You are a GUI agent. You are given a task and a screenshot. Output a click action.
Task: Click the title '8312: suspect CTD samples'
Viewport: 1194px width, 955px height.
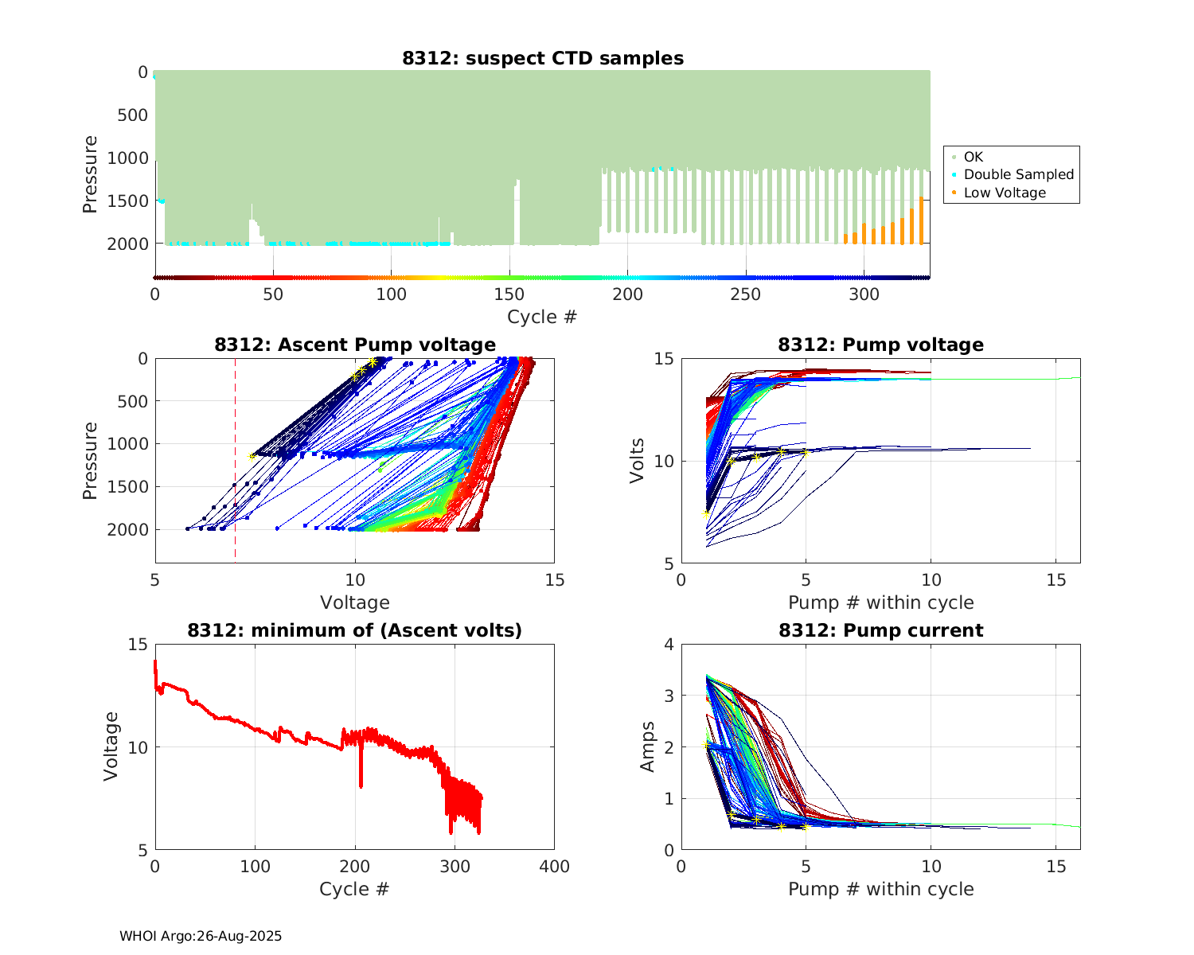[542, 58]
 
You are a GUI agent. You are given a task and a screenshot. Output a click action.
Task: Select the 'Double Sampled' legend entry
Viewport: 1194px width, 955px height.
[1018, 174]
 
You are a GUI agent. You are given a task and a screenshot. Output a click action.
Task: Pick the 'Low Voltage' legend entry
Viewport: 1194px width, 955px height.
[1005, 193]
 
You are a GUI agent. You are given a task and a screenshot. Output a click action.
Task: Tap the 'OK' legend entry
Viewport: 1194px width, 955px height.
[973, 157]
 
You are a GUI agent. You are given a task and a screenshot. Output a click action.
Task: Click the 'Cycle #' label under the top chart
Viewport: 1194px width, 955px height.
[542, 317]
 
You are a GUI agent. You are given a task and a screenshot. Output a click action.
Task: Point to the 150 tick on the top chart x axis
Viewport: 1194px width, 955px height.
[509, 294]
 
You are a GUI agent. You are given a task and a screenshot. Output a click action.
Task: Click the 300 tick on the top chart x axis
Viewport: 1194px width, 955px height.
[864, 294]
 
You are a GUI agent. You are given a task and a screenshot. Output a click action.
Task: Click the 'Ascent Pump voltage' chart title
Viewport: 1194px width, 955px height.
[355, 345]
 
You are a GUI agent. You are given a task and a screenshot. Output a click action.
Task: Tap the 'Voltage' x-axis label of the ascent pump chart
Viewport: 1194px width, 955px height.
[355, 602]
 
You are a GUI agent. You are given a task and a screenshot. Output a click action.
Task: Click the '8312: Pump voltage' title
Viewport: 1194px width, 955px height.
[880, 345]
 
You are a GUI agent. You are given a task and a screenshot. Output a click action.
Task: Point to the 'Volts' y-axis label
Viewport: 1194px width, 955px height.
[637, 461]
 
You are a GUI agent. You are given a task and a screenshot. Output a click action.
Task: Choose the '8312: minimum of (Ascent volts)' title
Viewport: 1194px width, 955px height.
[355, 630]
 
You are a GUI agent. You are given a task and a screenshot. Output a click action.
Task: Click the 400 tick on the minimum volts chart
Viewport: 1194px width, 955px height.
[554, 867]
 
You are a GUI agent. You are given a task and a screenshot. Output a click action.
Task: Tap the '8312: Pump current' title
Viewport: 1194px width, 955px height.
[880, 630]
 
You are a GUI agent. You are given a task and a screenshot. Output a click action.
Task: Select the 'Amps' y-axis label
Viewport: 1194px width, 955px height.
[648, 746]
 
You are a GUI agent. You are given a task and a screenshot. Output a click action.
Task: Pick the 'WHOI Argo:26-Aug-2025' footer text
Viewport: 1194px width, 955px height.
[201, 936]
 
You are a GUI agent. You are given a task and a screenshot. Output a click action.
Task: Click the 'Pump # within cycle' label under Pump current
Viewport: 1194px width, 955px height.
[880, 889]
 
